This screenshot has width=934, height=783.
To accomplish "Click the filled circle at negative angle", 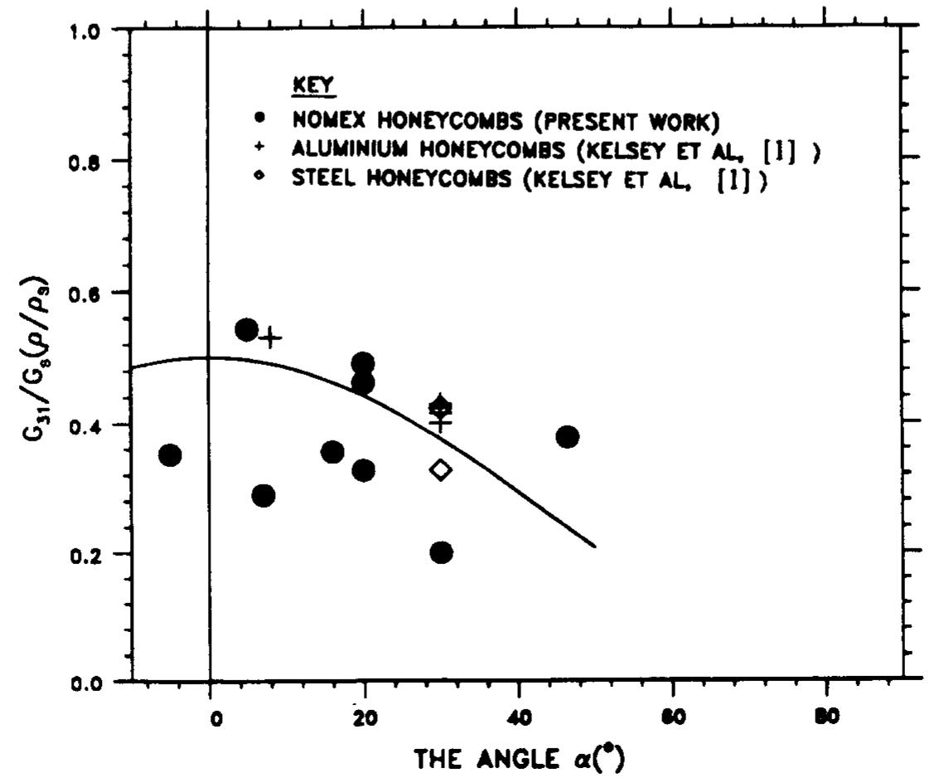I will click(170, 455).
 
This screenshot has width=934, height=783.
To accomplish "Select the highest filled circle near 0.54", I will click(246, 330).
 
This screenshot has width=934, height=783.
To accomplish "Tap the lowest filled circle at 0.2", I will click(442, 552).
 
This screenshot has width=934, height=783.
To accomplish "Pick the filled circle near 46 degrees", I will click(567, 437).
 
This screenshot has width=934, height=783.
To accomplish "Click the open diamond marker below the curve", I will click(441, 470).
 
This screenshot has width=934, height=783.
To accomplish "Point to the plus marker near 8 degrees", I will click(270, 338).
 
